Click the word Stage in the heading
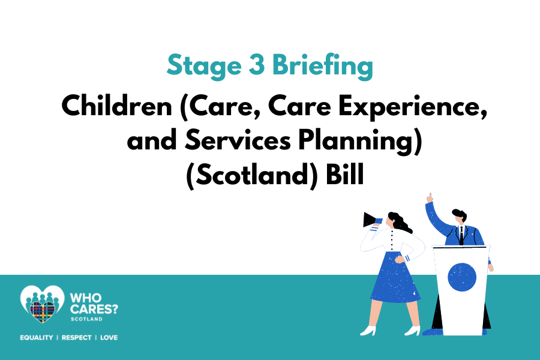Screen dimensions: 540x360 (204, 66)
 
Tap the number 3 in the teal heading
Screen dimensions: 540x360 (257, 65)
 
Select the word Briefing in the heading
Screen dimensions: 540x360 (323, 66)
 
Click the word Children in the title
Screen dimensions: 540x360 (116, 106)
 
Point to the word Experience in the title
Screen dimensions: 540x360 (412, 107)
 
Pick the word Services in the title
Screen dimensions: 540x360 (238, 140)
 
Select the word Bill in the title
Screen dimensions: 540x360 (345, 174)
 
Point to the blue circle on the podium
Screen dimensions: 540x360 (462, 277)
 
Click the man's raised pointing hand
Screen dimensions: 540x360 (430, 198)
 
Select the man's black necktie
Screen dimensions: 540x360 (461, 236)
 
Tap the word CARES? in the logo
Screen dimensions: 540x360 (94, 308)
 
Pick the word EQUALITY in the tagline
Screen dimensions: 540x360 (37, 338)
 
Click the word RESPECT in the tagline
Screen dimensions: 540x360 (76, 338)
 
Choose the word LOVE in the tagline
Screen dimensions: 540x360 (109, 338)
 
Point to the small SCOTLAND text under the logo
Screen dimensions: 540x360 (86, 319)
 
